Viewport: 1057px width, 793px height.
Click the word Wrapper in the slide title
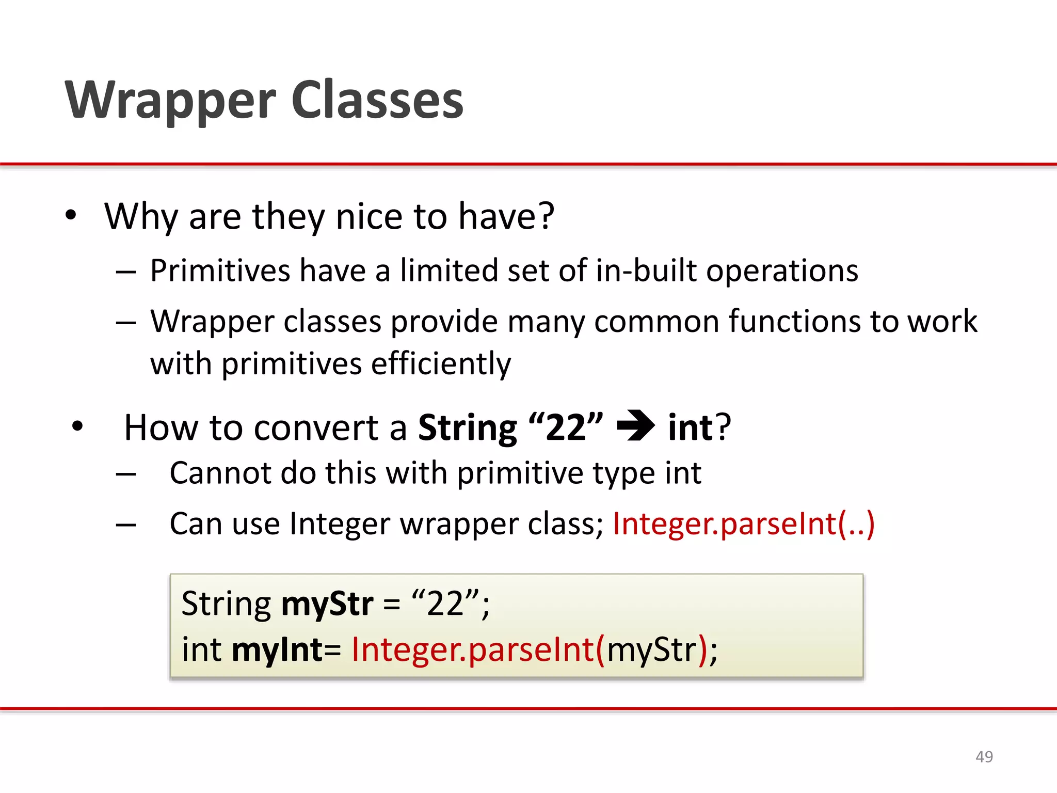(x=170, y=101)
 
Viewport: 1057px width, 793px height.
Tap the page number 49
(x=984, y=757)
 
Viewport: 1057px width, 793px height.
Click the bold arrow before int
(x=635, y=426)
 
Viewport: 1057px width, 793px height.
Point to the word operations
(x=782, y=271)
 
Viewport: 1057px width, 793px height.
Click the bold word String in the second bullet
(x=467, y=429)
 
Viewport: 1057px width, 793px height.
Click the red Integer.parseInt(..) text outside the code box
(x=743, y=524)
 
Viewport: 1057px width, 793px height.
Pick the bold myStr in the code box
(x=327, y=604)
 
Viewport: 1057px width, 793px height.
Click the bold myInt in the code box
(x=278, y=649)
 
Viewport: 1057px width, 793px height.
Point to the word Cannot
(x=218, y=473)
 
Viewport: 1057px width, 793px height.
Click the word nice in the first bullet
(x=369, y=216)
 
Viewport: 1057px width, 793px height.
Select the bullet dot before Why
(x=71, y=215)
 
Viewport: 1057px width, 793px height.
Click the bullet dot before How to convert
(x=77, y=427)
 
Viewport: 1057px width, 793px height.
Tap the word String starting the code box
(x=226, y=604)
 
